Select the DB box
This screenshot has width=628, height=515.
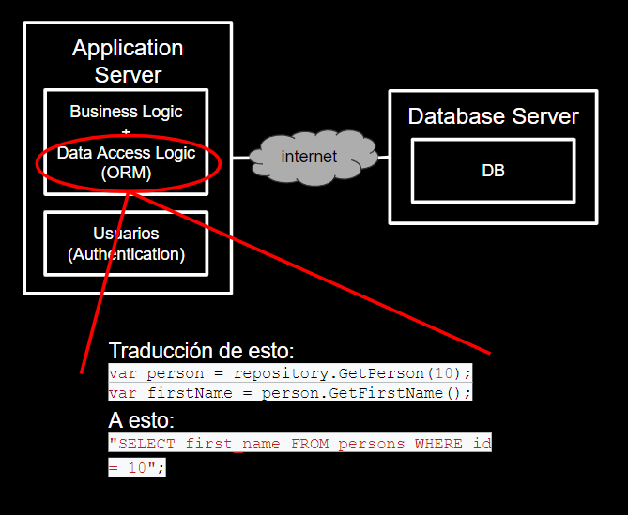493,171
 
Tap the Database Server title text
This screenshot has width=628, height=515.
493,117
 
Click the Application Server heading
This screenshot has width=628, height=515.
128,61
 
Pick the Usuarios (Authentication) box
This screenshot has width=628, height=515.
126,243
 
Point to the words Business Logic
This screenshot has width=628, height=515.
126,112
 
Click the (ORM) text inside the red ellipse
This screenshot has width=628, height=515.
126,173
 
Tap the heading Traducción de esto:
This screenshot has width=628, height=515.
201,351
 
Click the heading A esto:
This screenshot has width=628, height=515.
141,419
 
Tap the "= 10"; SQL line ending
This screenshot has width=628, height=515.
136,466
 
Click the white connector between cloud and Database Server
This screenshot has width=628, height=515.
375,157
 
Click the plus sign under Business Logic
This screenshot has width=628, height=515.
126,132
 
